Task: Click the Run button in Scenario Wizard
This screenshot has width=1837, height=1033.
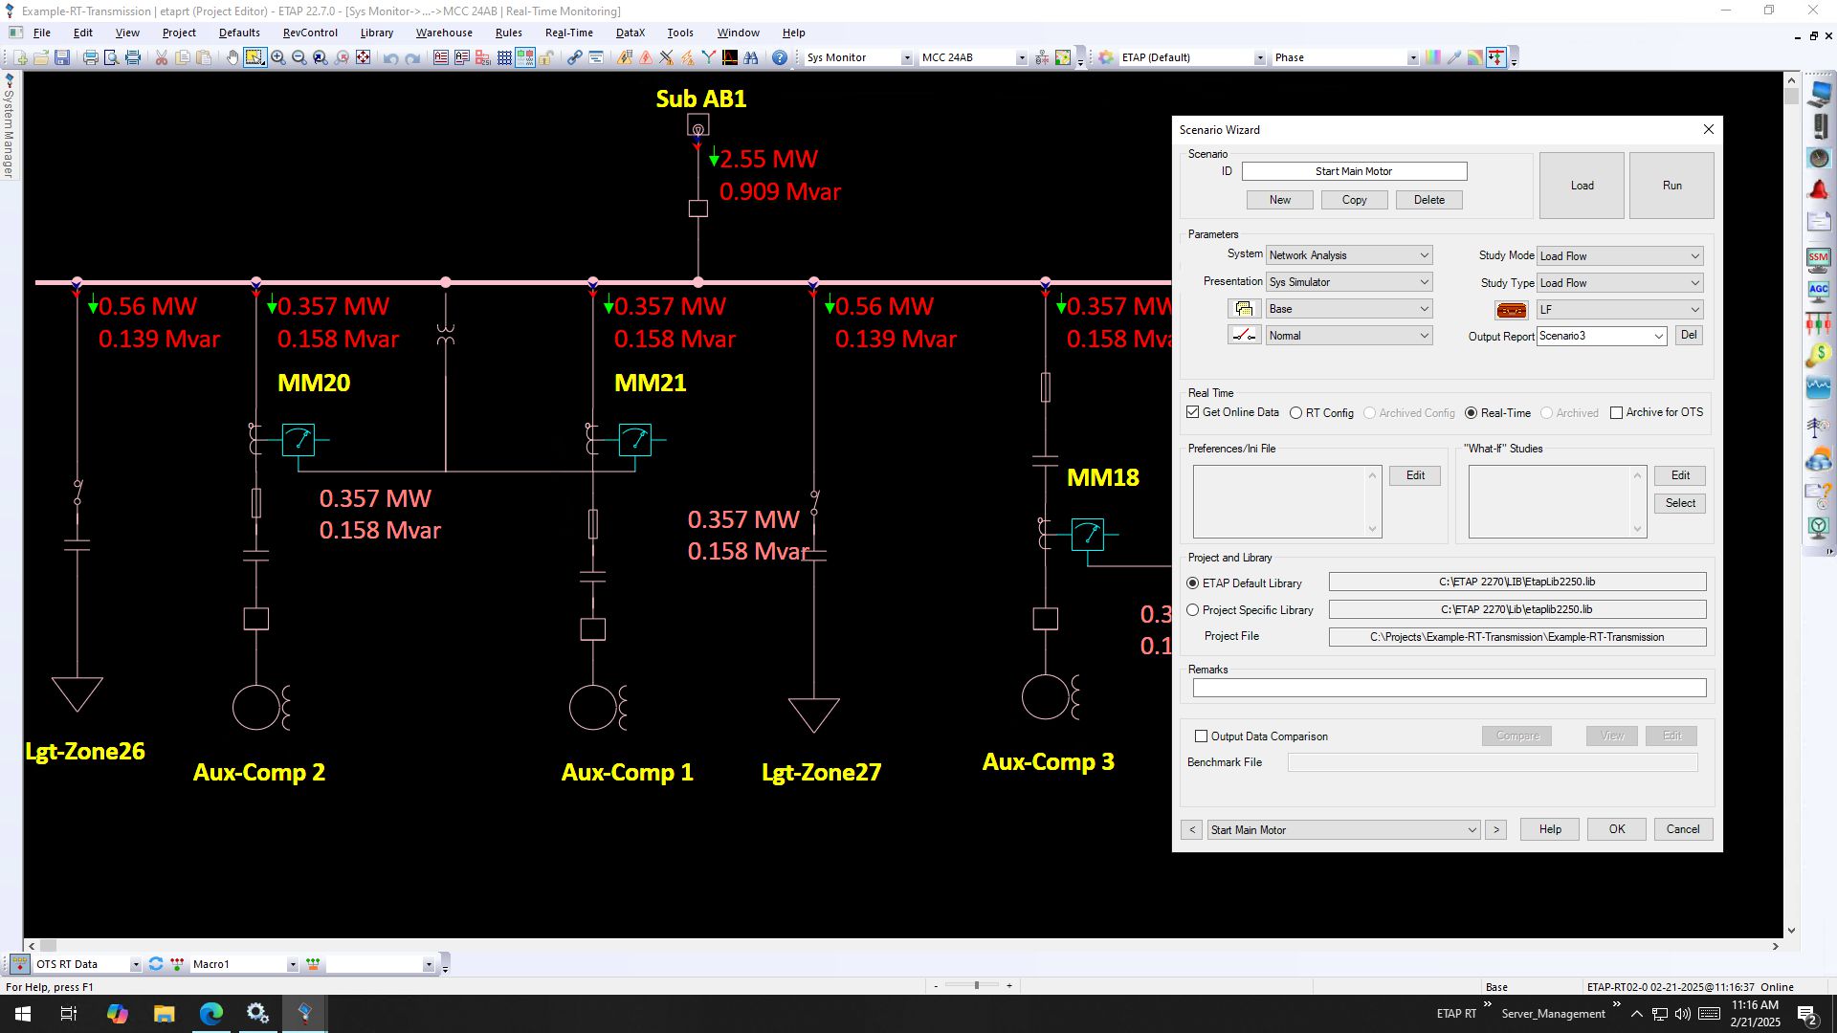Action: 1671,186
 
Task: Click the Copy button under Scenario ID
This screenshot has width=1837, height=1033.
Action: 1354,200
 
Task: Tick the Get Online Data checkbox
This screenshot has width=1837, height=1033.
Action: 1193,412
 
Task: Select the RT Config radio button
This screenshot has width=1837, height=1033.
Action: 1296,413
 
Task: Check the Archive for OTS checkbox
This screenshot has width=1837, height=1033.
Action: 1617,413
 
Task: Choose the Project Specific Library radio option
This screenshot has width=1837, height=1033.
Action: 1193,610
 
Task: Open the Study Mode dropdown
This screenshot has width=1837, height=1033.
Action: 1619,256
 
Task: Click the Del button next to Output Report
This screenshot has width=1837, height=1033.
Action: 1689,336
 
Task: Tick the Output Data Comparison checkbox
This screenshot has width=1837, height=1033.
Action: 1202,736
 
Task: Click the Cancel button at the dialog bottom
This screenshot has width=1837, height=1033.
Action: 1683,829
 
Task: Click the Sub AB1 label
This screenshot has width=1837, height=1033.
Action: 700,99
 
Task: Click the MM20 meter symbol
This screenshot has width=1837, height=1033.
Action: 299,440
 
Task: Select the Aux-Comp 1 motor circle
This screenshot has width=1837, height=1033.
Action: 593,708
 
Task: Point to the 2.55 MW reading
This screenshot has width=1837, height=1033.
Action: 768,160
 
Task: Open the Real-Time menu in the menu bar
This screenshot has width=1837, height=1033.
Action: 568,33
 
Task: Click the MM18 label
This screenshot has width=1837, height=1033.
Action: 1102,478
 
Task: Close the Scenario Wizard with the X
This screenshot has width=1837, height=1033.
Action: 1709,130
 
